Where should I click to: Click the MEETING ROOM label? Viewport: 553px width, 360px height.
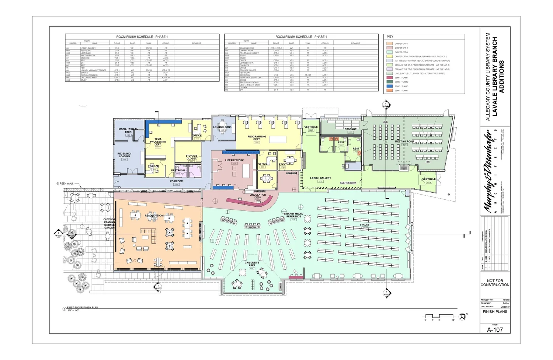tap(404, 141)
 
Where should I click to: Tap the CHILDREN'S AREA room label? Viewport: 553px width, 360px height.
tap(252, 264)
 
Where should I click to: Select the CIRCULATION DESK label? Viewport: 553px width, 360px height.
tap(258, 196)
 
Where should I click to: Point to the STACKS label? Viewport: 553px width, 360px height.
tap(365, 225)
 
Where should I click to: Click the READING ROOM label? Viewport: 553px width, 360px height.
tap(154, 216)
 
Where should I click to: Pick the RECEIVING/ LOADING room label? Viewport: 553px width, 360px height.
tap(124, 155)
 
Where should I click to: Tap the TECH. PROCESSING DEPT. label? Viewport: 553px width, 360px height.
tap(158, 141)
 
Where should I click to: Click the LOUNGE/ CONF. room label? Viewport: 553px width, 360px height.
tap(222, 127)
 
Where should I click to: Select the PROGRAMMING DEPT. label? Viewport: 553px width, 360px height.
tap(257, 138)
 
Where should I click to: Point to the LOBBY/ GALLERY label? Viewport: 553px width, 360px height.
tap(320, 178)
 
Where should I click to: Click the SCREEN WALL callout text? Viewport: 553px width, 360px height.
tap(65, 184)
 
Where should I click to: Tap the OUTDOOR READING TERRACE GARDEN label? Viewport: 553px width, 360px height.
tap(109, 224)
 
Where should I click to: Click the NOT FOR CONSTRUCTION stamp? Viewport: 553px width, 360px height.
tap(495, 283)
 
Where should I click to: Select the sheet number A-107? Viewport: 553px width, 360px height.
tap(495, 330)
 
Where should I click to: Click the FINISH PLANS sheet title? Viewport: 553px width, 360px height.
tap(495, 312)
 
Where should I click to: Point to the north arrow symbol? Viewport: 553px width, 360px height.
tap(462, 317)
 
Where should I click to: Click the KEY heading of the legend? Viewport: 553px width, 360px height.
tap(390, 36)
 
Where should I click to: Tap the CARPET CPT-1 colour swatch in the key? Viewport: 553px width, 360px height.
tap(389, 43)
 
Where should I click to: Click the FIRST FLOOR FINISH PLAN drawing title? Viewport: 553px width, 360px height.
tap(82, 307)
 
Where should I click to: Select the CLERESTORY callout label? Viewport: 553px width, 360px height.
tap(348, 183)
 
